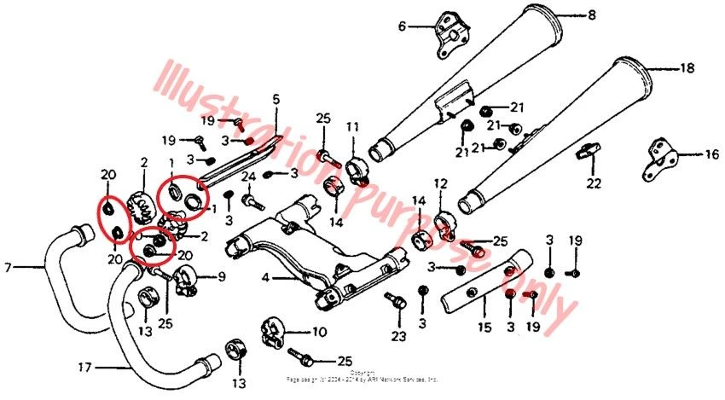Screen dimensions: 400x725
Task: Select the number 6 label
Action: tap(402, 26)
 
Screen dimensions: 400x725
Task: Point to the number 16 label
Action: tap(711, 155)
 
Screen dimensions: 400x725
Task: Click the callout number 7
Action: tap(9, 267)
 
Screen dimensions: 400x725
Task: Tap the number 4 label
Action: tap(265, 277)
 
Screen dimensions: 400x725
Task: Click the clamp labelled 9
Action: tap(186, 275)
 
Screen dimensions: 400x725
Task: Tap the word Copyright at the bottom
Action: tap(362, 372)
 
